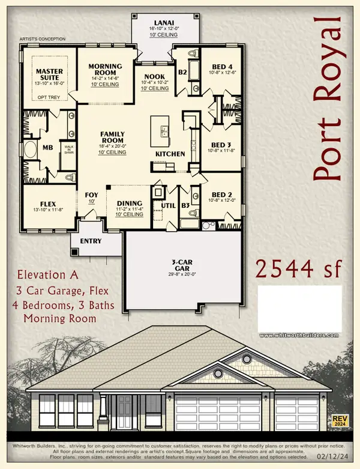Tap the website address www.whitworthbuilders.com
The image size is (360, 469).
coord(299,335)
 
